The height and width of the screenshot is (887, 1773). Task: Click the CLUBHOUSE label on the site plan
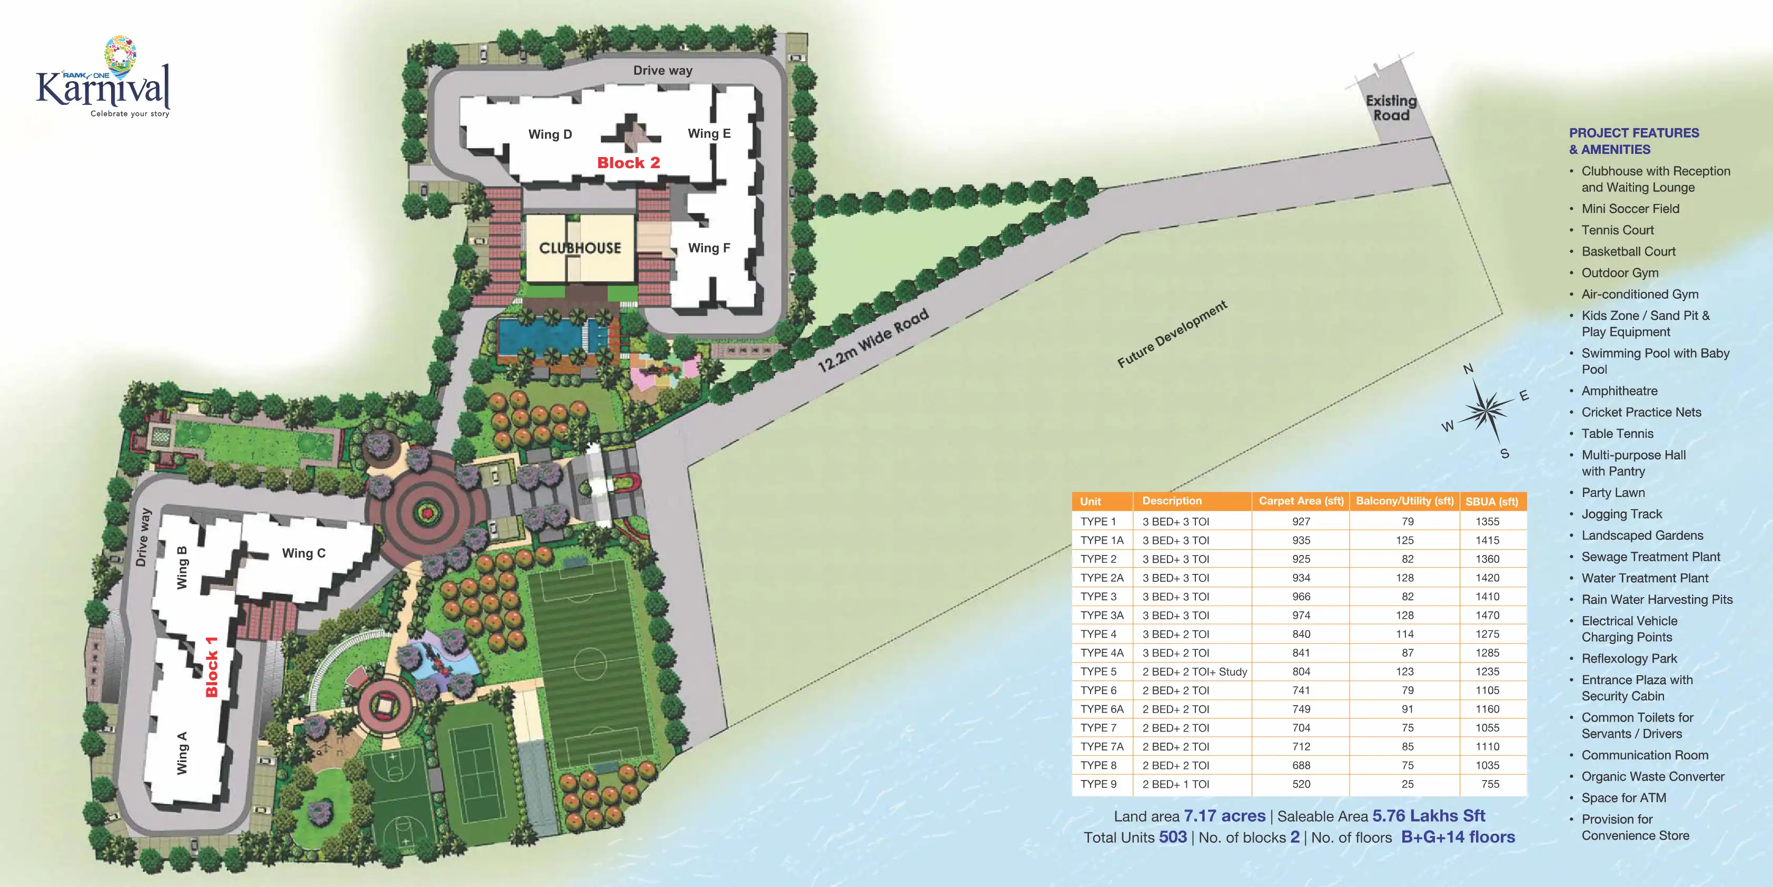pos(580,248)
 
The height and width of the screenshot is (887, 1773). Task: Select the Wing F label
pos(709,248)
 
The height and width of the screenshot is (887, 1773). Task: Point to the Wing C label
pos(303,553)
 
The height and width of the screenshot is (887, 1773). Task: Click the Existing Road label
pos(1391,108)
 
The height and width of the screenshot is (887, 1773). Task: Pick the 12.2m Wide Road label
pos(873,340)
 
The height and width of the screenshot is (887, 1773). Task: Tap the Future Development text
pos(1172,334)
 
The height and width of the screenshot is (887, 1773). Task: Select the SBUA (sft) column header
pos(1491,501)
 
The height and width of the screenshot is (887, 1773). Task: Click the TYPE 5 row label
pos(1098,671)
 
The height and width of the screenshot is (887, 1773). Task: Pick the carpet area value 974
pos(1301,615)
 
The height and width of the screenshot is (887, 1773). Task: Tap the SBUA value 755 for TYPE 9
pos(1490,784)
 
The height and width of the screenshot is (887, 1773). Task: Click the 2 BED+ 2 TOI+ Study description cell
pos(1194,671)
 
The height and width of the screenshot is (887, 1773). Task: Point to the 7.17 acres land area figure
pos(1224,816)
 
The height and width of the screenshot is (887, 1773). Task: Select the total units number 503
pos(1173,837)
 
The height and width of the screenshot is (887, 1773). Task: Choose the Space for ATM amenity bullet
pos(1623,797)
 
